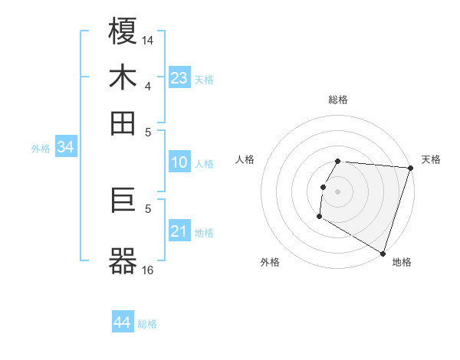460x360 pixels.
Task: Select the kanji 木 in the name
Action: [123, 78]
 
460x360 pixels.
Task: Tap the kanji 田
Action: [123, 123]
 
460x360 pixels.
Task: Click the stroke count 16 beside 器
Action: [148, 270]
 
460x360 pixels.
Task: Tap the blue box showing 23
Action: [179, 78]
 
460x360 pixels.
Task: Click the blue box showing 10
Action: [179, 162]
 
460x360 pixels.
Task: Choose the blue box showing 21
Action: [179, 231]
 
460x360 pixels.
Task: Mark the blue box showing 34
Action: [65, 148]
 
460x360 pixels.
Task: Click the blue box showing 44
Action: [123, 322]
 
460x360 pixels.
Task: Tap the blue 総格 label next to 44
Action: [147, 324]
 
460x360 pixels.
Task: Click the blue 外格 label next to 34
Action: [40, 149]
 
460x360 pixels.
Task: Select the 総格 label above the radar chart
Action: [337, 100]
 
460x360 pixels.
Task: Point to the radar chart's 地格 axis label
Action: [402, 262]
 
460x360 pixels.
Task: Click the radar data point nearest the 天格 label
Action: [410, 169]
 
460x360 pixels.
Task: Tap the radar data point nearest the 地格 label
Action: [383, 253]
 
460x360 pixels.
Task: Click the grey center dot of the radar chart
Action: [337, 191]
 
